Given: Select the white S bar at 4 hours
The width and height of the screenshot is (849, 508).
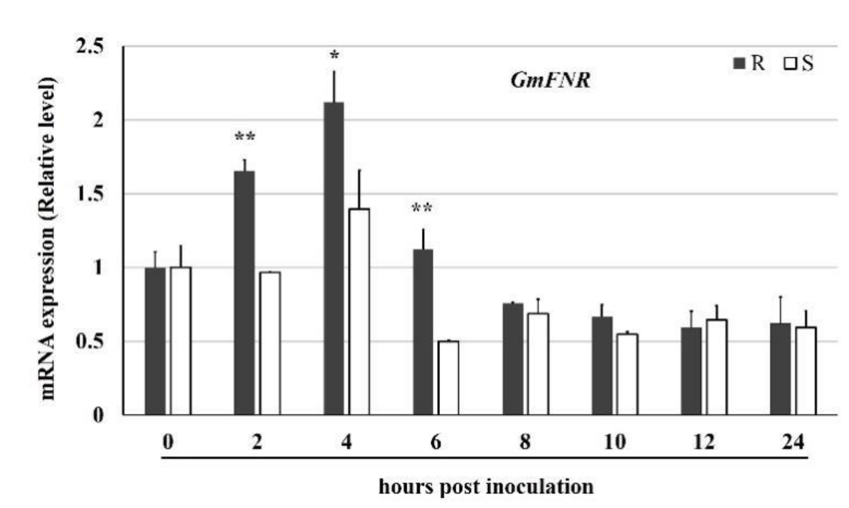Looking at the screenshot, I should point(359,312).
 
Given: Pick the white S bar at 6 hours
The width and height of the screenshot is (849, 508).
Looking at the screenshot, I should point(448,378).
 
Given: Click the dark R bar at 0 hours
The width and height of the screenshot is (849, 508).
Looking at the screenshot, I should point(155,341).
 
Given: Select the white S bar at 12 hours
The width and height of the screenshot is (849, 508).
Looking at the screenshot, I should point(716,367).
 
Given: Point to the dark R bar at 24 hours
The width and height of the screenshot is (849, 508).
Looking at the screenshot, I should point(780,369).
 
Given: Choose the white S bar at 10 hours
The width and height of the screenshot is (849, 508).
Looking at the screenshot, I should point(627,374).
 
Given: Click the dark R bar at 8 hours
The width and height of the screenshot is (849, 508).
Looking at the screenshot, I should point(513,359).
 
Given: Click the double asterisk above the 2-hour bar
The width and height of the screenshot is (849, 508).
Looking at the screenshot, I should point(245,137).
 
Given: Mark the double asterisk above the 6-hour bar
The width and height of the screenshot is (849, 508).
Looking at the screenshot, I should point(422,208).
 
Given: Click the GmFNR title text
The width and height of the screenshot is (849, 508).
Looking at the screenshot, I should point(550,80).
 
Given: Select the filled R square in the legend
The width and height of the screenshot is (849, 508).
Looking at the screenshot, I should point(739,63).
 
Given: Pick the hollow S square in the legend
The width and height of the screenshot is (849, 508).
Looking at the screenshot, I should point(789,63).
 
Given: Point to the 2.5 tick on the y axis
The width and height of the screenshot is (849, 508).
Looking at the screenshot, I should point(90,47).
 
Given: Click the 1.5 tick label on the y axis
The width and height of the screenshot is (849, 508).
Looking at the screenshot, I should point(90,194).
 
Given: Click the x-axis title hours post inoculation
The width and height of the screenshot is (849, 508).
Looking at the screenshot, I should point(486,487).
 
